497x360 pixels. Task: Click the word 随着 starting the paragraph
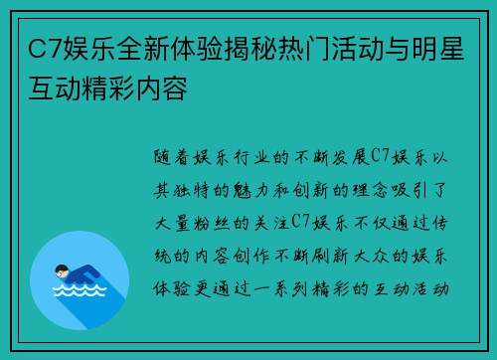(172, 157)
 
